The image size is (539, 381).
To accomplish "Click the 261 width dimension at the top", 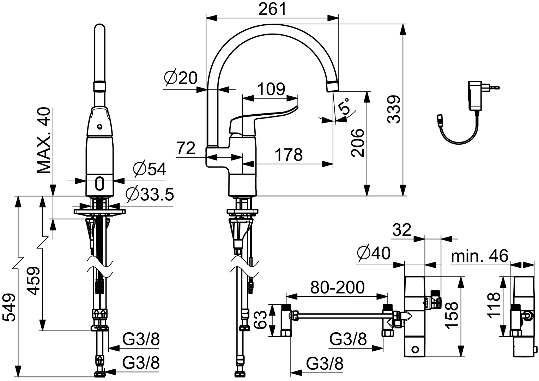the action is [272, 9].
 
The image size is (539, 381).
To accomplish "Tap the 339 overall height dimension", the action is [394, 109].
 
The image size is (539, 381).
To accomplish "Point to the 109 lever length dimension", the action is [271, 89].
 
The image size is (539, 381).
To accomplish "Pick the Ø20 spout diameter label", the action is [181, 78].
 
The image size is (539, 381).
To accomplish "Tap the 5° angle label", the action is [343, 106].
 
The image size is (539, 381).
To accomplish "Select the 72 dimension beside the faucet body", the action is [186, 148].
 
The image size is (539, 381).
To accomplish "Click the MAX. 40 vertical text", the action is [44, 140].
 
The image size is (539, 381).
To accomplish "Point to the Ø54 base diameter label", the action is [150, 169].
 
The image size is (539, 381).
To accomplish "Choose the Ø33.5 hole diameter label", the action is [150, 194].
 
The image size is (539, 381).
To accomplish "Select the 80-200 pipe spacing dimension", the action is [337, 287].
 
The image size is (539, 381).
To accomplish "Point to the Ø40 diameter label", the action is [374, 253].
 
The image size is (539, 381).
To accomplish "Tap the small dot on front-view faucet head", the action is [99, 126].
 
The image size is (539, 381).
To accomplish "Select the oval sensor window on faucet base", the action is [99, 184].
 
